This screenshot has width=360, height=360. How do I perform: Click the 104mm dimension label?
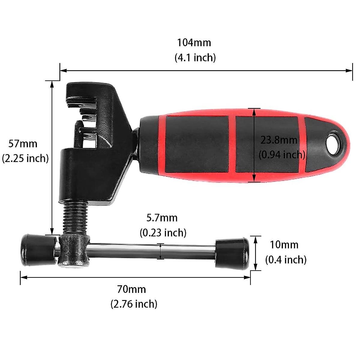194,43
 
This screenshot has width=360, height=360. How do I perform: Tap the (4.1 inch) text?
195,57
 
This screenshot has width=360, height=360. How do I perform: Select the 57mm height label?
23,144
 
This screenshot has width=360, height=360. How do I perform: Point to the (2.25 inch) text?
25,158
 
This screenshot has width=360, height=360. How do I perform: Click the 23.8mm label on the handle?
279,140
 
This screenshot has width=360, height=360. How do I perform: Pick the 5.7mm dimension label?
162,217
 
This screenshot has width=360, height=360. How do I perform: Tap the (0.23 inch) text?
163,232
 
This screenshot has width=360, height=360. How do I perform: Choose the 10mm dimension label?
284,245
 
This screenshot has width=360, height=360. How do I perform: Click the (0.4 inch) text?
286,259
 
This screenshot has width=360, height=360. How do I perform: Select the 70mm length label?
131,289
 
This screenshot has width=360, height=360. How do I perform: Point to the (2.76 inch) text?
134,304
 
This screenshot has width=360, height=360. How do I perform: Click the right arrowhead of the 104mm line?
349,71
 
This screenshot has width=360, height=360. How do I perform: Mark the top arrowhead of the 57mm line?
52,84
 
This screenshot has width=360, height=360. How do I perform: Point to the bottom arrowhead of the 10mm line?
255,268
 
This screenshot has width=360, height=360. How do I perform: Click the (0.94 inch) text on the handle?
282,154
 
